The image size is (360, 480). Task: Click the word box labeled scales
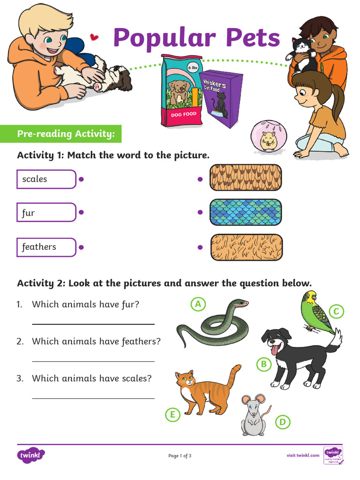tap(46, 179)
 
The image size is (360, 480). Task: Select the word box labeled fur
tap(46, 212)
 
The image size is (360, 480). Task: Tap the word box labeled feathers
tap(46, 247)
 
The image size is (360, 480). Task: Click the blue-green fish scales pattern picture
tap(246, 212)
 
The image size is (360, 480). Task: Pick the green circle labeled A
tap(198, 304)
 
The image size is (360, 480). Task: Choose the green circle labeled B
tap(264, 364)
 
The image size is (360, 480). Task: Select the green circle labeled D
tap(282, 422)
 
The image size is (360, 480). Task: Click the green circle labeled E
tap(172, 414)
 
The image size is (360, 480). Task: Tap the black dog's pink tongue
tap(274, 350)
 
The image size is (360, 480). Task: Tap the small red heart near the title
tap(95, 36)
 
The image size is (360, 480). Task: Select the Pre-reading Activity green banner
tap(66, 134)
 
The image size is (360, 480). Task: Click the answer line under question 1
tap(93, 323)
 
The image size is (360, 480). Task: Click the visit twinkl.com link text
tap(303, 455)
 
